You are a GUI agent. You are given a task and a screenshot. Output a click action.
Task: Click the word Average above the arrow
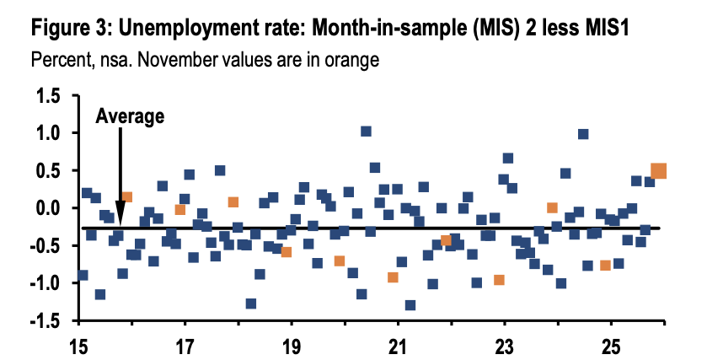click(x=129, y=117)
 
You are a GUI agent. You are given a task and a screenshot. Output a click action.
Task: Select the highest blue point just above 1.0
click(x=366, y=131)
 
